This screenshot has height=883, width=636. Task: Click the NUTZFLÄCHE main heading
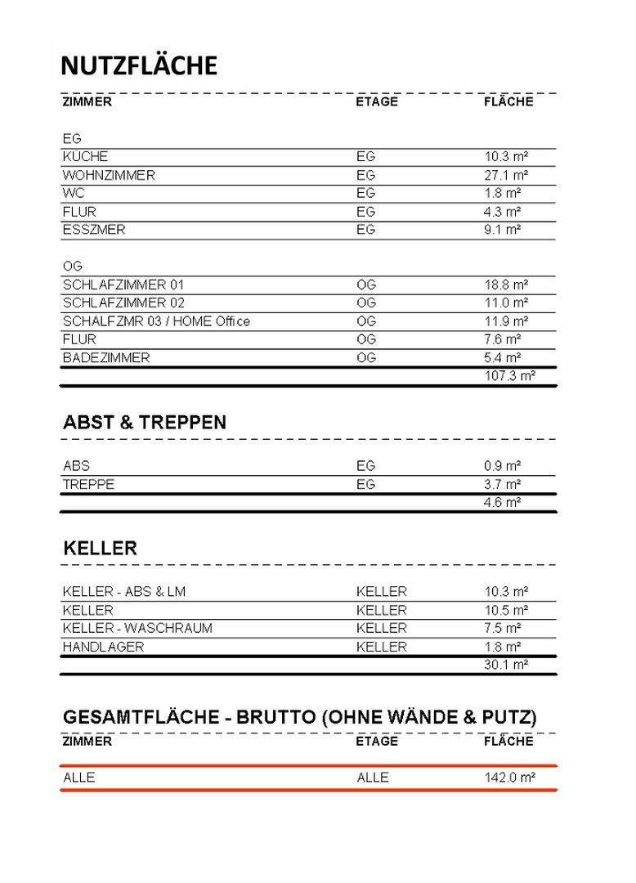click(139, 65)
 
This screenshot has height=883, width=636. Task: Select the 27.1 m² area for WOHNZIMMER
click(505, 175)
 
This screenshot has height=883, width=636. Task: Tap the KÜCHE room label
click(85, 156)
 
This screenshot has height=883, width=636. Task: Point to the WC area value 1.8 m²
click(502, 193)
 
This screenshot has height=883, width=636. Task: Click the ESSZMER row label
click(94, 230)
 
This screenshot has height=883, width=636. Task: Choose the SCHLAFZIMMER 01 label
click(123, 285)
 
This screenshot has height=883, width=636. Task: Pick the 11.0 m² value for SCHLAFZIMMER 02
click(505, 303)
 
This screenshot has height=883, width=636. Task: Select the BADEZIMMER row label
click(106, 357)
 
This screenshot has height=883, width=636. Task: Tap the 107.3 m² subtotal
click(508, 376)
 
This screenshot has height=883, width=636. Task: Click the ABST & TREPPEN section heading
click(145, 423)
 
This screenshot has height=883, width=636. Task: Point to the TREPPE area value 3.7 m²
click(502, 484)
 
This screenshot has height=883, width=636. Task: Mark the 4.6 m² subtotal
click(502, 503)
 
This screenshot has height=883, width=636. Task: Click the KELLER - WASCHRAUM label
click(137, 628)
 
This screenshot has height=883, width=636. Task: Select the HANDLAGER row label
click(103, 647)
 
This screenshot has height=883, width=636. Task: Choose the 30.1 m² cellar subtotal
click(505, 665)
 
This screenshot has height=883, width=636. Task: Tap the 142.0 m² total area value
click(509, 778)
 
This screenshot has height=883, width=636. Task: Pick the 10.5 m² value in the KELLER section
click(505, 610)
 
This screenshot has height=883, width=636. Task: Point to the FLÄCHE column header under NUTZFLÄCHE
click(508, 101)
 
